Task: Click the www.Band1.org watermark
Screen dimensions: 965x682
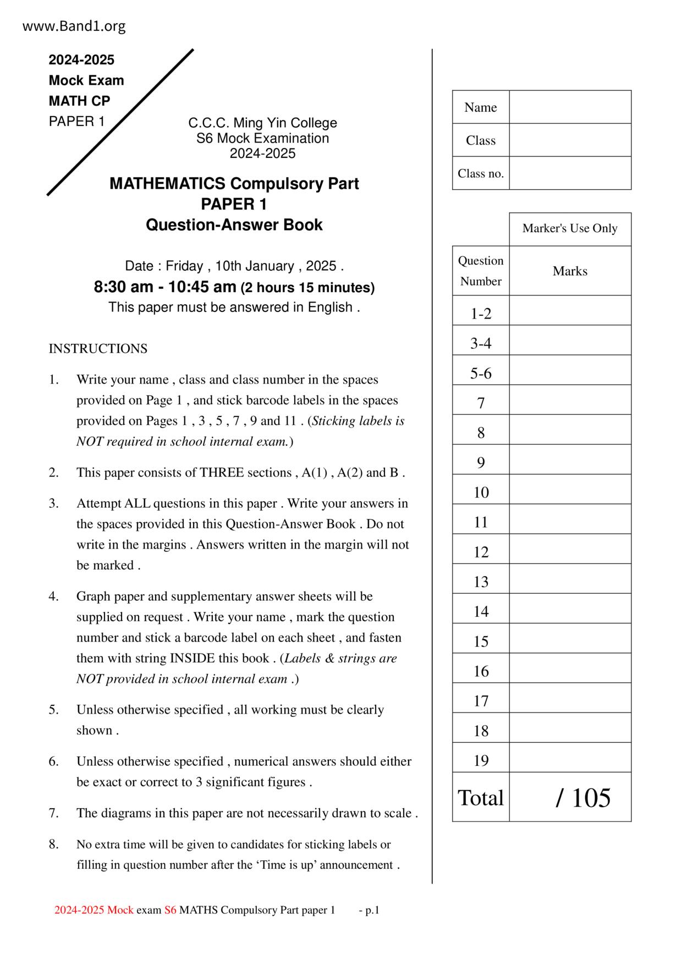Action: tap(74, 26)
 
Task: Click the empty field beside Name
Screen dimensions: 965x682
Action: tap(570, 107)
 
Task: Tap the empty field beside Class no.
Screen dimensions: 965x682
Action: tap(570, 173)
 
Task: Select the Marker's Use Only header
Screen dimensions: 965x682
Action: tap(570, 228)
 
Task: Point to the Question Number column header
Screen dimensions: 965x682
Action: tap(481, 271)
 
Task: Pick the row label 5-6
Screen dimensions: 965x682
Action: tap(481, 374)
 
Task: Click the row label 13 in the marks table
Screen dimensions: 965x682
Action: tap(481, 582)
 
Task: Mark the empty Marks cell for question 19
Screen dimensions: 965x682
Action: tap(570, 760)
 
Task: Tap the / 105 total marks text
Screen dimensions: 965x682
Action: tap(583, 798)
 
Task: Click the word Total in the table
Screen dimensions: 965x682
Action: tap(481, 798)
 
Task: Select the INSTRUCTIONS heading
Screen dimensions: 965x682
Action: tap(98, 349)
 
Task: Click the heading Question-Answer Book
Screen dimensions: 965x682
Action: tap(234, 225)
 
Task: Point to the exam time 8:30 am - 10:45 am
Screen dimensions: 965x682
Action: tap(165, 287)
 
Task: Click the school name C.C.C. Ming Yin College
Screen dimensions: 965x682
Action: tap(262, 123)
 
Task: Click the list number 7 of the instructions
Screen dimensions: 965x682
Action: tap(53, 813)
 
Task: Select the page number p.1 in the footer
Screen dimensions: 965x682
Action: tap(372, 911)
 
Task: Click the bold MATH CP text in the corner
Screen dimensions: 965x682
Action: tap(79, 101)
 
